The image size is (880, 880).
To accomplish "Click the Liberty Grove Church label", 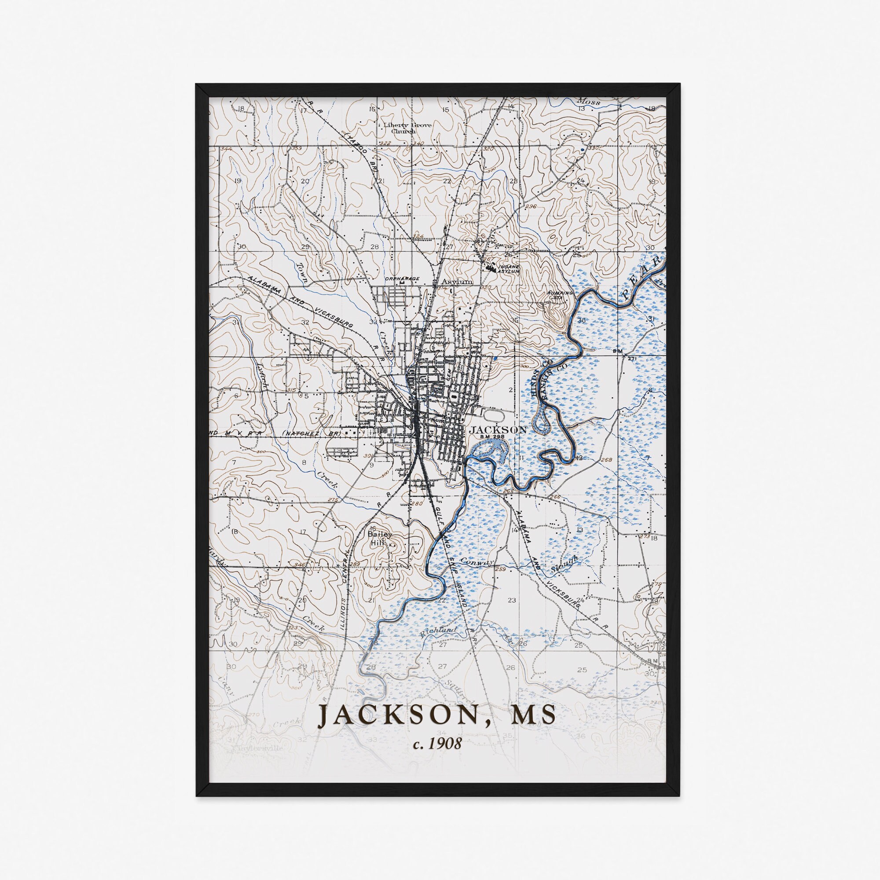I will [x=407, y=128].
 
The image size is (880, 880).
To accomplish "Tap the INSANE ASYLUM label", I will [x=508, y=269].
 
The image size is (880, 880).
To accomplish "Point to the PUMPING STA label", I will [x=556, y=295].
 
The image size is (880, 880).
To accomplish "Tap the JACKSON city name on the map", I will [x=498, y=429].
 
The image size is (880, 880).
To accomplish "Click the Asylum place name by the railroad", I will [x=457, y=282].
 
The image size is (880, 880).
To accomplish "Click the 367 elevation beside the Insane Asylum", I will [x=489, y=259].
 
